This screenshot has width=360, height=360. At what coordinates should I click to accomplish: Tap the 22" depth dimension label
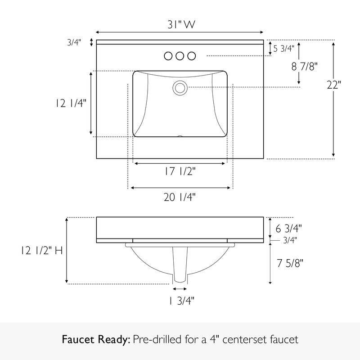coord(334,85)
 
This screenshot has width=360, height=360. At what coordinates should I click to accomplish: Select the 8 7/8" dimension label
coord(305,66)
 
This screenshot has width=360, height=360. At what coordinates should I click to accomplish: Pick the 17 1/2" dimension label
coord(180,171)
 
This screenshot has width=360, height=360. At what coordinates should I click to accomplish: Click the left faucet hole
coord(169,56)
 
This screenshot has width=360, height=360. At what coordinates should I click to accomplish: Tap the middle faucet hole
coord(180,56)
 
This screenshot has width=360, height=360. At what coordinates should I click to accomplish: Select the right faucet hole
coord(191,56)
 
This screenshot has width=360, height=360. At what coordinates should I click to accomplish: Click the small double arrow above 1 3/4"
coord(180,288)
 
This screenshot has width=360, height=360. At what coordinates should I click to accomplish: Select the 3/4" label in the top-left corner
coord(74,43)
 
